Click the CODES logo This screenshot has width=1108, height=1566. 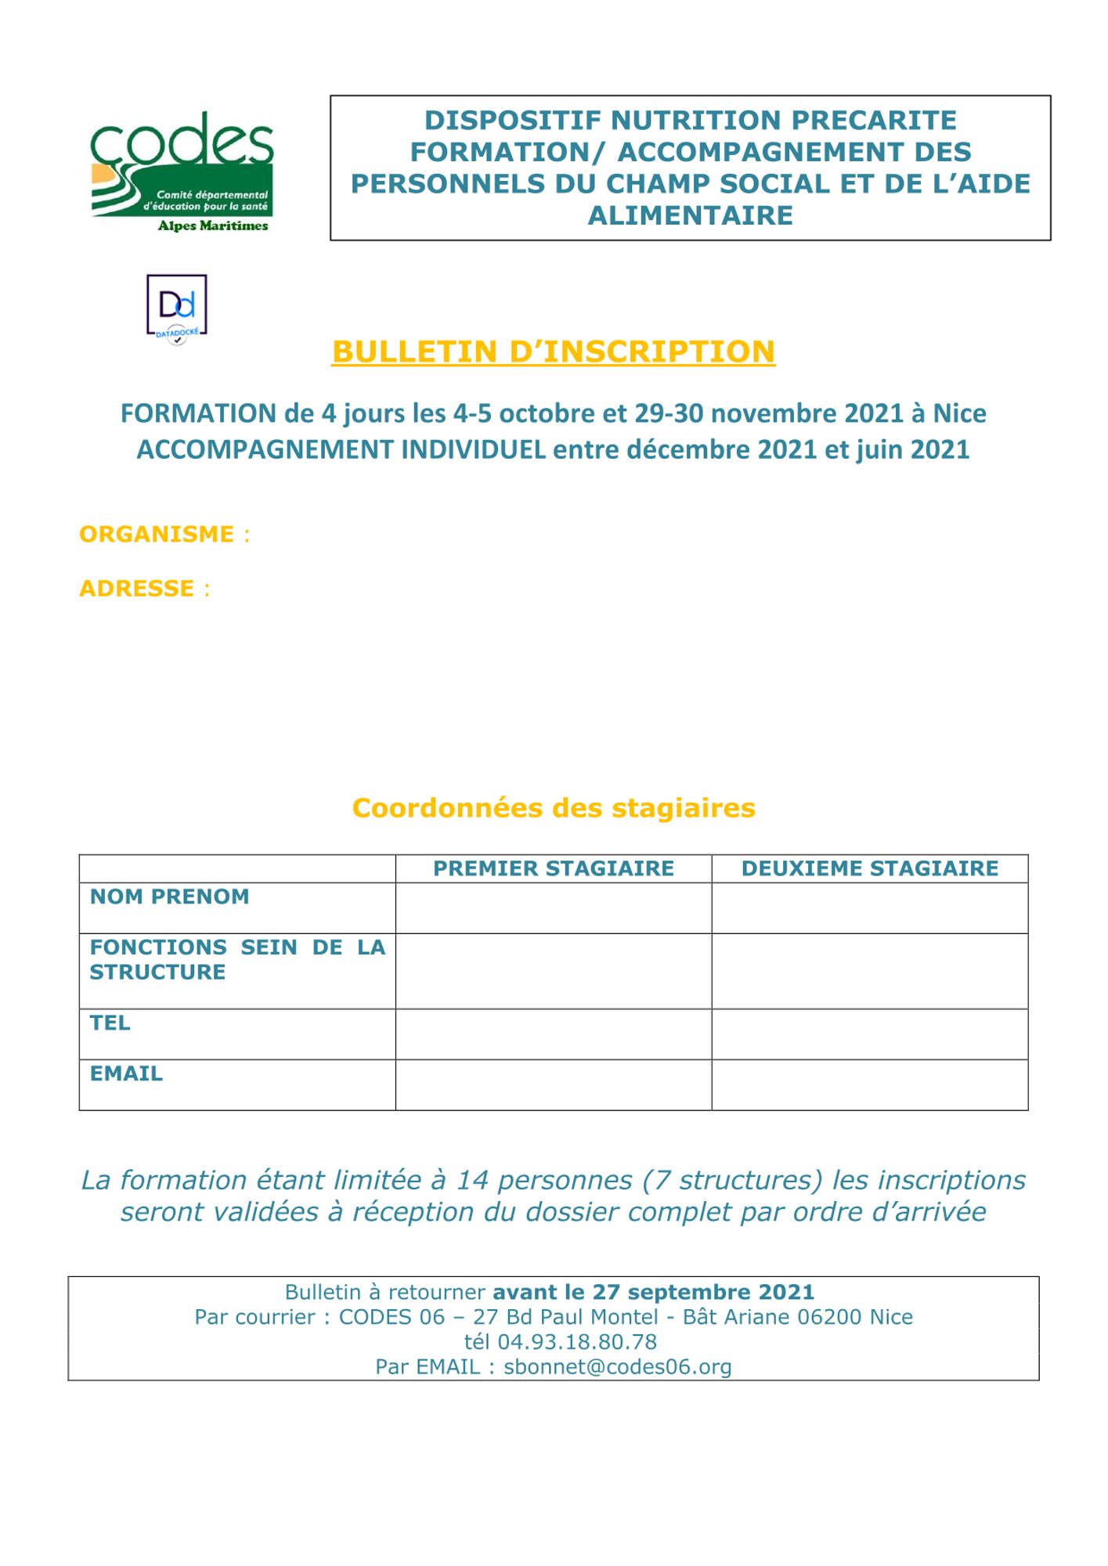182,172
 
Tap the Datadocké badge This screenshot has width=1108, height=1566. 177,309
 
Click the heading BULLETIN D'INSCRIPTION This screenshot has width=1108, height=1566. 553,352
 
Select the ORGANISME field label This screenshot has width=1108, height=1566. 157,534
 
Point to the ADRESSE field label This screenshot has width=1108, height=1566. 136,588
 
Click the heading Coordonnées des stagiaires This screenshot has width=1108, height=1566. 553,807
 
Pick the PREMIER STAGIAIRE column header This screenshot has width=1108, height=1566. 553,868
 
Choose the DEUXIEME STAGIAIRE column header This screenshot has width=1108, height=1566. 869,868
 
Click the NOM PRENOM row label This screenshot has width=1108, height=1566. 169,897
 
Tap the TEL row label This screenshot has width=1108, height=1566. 110,1023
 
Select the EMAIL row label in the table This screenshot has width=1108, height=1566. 126,1073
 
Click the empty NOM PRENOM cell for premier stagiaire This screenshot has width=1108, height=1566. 553,908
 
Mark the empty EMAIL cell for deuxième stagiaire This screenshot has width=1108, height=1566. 869,1084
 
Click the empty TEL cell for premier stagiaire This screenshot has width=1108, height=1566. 553,1034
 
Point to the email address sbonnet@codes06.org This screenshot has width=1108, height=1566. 617,1367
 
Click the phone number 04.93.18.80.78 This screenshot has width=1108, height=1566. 577,1342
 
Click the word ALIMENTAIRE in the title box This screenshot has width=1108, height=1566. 690,215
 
